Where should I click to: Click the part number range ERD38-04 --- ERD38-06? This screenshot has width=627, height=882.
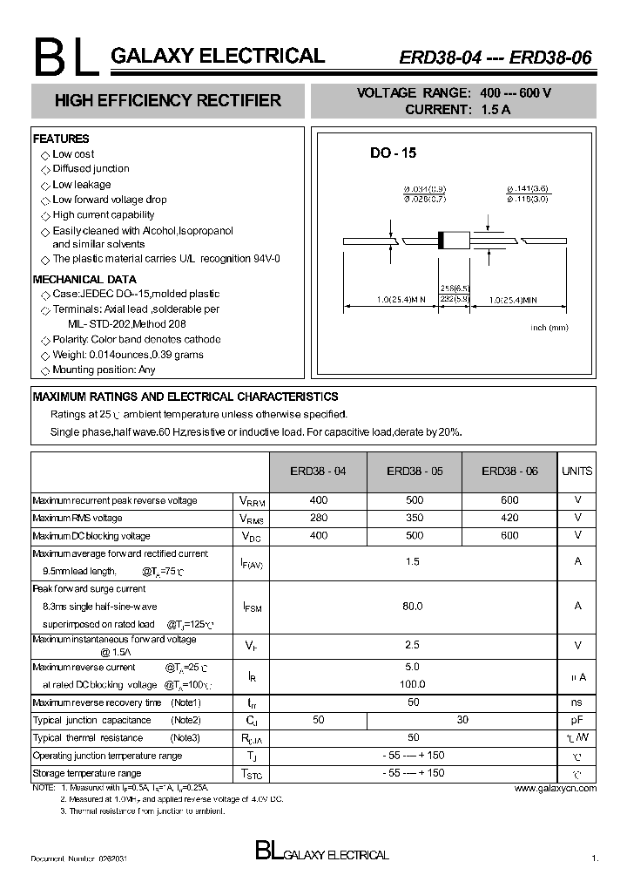click(x=496, y=58)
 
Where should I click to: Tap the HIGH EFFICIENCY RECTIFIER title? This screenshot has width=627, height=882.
click(x=168, y=100)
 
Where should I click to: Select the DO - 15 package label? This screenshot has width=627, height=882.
click(x=393, y=153)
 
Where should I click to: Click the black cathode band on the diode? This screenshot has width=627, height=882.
click(x=442, y=240)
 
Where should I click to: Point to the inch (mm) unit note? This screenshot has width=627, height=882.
click(x=549, y=327)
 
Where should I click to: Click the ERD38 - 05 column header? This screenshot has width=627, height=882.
click(x=415, y=471)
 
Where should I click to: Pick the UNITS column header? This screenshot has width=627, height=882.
click(x=576, y=471)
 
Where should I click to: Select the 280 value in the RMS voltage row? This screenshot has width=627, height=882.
click(x=319, y=518)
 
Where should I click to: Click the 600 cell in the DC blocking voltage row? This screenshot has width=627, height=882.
click(x=509, y=535)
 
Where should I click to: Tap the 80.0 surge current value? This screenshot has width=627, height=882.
click(x=413, y=606)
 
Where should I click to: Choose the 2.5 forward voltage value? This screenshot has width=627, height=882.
click(x=413, y=645)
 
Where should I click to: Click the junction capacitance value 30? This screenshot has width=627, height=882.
click(x=462, y=720)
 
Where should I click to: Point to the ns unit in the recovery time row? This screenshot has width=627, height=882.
click(x=577, y=702)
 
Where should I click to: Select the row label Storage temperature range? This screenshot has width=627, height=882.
click(x=87, y=773)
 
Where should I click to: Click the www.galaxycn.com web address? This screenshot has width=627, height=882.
click(x=555, y=788)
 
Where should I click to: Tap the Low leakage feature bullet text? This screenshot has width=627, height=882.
click(x=82, y=184)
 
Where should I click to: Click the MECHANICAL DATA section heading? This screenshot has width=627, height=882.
click(x=84, y=279)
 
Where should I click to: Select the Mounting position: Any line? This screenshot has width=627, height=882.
click(x=104, y=370)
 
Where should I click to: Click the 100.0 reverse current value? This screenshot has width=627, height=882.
click(x=413, y=684)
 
